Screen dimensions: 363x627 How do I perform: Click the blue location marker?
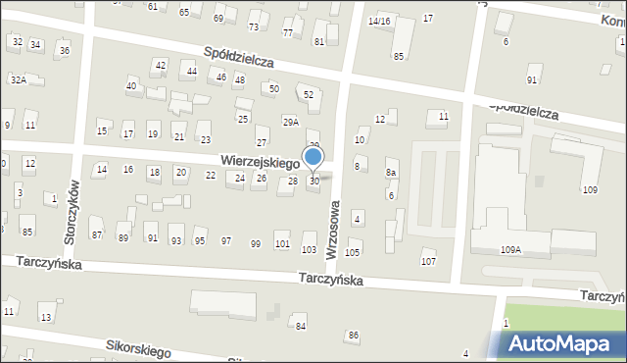[313, 157]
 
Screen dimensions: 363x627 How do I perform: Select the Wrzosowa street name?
[334, 230]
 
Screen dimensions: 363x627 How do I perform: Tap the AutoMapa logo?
[563, 343]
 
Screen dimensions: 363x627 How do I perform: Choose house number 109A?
[510, 250]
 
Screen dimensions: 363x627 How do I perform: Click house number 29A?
[291, 122]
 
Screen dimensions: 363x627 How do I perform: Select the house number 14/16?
[378, 21]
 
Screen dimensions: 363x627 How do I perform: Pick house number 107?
[428, 261]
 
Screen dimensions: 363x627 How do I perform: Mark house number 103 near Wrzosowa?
[309, 250]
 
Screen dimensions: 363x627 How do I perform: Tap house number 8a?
[391, 173]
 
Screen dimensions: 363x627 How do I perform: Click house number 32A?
[18, 79]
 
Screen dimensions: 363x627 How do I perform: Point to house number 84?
[301, 326]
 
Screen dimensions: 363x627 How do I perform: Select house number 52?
[309, 94]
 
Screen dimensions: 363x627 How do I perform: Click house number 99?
[256, 243]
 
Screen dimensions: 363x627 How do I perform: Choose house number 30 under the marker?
[313, 181]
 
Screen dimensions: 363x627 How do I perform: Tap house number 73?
[254, 26]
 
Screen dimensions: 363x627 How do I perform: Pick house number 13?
[46, 317]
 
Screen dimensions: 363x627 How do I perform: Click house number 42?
[160, 65]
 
